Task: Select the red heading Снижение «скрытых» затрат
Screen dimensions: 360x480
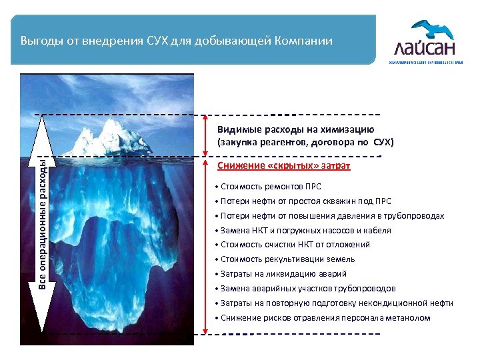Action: tap(284, 165)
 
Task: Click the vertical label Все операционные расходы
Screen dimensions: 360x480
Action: tap(41, 223)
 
